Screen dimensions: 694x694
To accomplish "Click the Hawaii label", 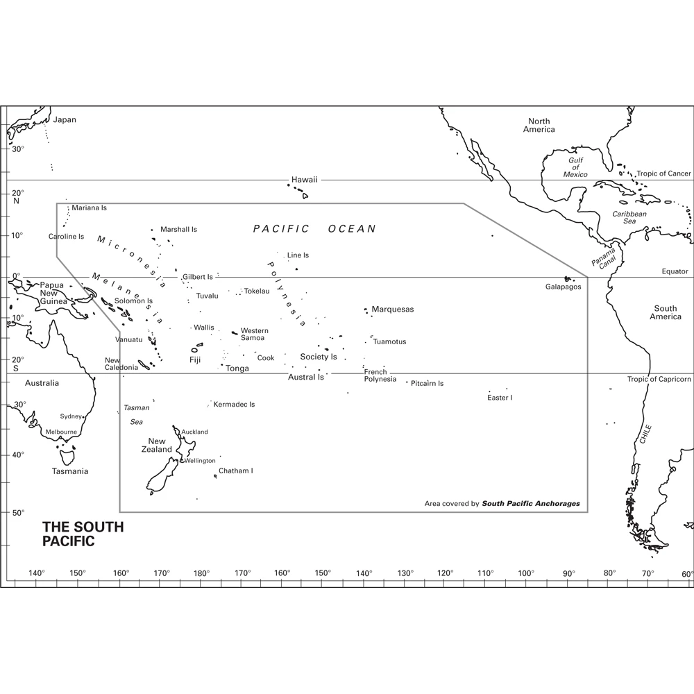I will click(x=304, y=180).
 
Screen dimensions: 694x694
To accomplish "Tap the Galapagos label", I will click(x=563, y=287).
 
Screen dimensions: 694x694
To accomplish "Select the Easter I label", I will click(x=500, y=398).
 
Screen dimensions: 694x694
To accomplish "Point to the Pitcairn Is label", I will click(x=427, y=383).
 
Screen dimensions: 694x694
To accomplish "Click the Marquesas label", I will click(x=392, y=310).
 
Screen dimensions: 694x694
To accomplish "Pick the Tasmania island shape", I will click(x=67, y=457).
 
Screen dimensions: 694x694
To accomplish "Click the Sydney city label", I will click(x=71, y=416).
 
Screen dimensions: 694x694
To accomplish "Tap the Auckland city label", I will click(x=194, y=432).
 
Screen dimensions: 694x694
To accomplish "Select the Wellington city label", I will click(x=200, y=461).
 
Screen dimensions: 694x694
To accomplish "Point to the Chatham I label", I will click(x=235, y=471).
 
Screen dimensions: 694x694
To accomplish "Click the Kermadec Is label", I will click(x=234, y=405).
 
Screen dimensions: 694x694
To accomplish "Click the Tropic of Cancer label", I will click(x=664, y=173).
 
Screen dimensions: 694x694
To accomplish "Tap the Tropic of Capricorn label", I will click(x=659, y=380).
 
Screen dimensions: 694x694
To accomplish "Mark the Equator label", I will click(x=675, y=271).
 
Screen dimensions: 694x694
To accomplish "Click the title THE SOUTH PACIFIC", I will click(x=83, y=534).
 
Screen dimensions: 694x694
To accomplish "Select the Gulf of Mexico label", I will click(x=576, y=167).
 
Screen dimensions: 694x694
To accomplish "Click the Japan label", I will click(x=65, y=120).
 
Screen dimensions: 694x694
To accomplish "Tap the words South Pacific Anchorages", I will click(x=531, y=504).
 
